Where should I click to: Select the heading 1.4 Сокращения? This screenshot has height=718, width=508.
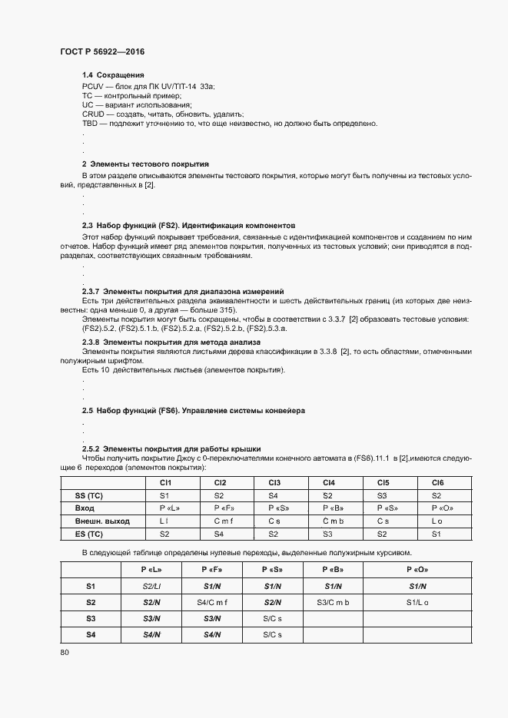114,75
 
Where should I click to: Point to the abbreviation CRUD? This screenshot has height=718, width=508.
94,113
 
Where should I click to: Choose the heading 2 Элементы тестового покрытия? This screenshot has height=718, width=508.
145,164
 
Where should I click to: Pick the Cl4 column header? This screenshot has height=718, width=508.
329,482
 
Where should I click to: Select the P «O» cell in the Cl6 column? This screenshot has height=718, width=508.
437,508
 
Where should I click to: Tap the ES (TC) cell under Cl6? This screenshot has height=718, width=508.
437,534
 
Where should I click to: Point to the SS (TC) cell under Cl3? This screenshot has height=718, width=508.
274,495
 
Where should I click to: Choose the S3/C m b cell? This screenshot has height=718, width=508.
332,602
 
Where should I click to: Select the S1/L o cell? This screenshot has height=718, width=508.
417,602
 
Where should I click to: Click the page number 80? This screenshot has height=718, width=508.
65,653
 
